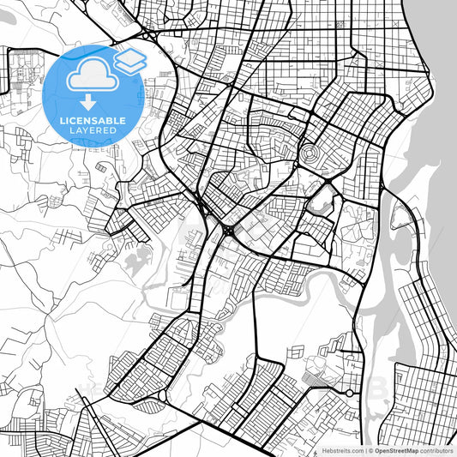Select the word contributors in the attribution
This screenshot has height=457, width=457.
[x=436, y=450]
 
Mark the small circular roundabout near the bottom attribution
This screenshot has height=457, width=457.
[x=350, y=394]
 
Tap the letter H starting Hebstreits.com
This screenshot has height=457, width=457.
[x=323, y=450]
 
